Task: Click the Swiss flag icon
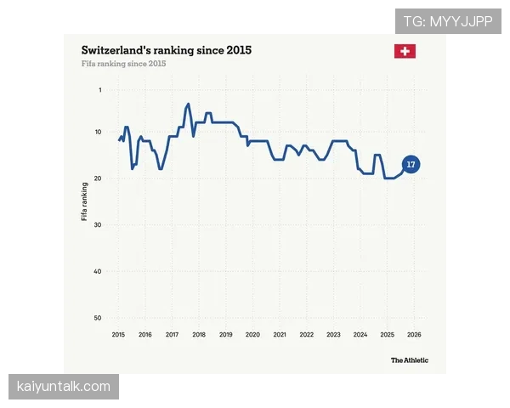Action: click(x=405, y=51)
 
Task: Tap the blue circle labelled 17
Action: click(x=411, y=164)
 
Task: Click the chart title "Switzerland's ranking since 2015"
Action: click(x=167, y=50)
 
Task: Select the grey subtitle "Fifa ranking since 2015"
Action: click(x=123, y=64)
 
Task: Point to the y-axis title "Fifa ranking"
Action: click(x=84, y=201)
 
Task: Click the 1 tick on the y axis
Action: click(x=100, y=90)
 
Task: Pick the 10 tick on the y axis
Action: click(x=98, y=132)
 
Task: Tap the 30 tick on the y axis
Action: click(x=98, y=224)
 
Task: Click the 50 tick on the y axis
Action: click(x=98, y=318)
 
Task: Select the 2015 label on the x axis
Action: click(x=118, y=334)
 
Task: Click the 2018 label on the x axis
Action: click(x=199, y=334)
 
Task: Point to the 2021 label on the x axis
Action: click(x=280, y=334)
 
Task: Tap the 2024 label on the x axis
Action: click(x=360, y=334)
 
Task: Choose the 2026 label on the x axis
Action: click(x=414, y=334)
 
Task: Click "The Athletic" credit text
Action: click(x=410, y=360)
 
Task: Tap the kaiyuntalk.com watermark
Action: click(x=64, y=387)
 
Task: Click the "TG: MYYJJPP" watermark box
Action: click(x=448, y=21)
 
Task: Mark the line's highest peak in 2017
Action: click(x=188, y=104)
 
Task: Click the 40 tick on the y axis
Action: click(x=98, y=271)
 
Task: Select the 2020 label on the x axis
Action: click(x=252, y=334)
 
